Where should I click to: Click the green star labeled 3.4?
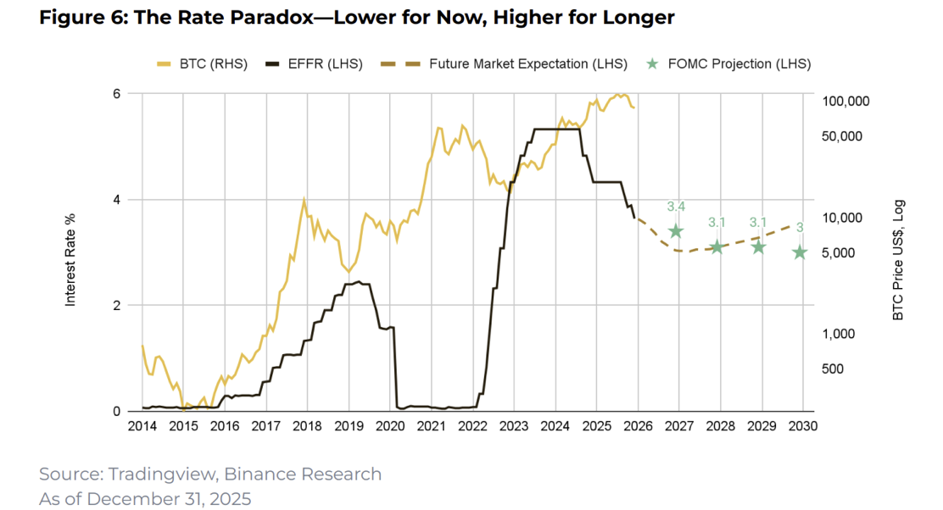676,231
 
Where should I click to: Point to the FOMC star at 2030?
800,252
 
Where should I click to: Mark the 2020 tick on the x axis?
389,426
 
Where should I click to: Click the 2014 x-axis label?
142,426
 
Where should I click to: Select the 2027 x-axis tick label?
677,426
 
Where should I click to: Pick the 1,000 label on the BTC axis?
840,334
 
